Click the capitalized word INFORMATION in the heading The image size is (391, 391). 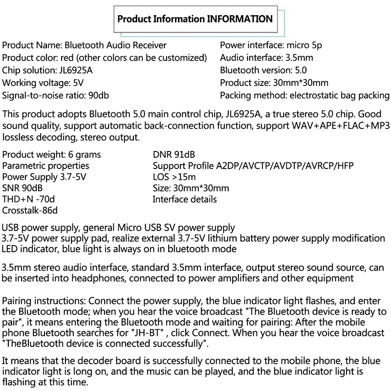[240, 20]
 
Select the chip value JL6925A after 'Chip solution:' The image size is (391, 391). [75, 70]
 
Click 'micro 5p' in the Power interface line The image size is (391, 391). [304, 45]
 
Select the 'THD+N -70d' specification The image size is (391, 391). [27, 199]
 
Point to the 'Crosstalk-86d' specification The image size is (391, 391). [30, 211]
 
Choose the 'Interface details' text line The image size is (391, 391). [185, 199]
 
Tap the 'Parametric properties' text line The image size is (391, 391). [46, 166]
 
